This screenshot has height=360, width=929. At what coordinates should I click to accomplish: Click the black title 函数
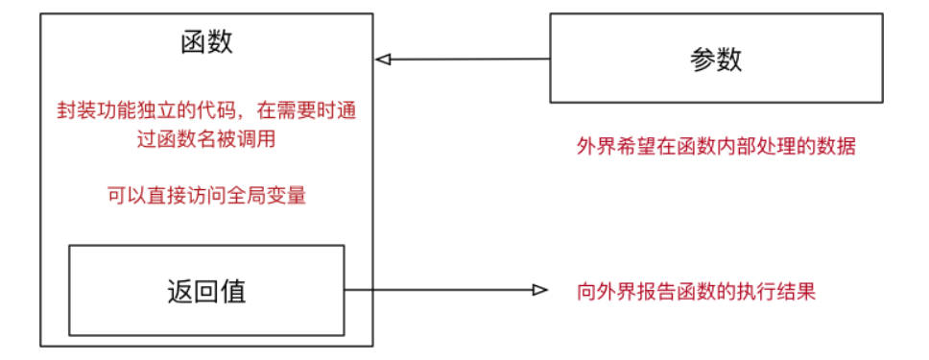[x=206, y=43]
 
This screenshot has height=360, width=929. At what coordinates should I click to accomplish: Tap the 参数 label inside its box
[x=716, y=60]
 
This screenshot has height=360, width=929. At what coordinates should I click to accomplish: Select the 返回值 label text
[x=206, y=291]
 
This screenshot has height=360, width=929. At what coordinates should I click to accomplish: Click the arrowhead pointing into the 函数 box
[x=382, y=60]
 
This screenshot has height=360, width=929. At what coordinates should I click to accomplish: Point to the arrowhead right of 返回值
[x=539, y=290]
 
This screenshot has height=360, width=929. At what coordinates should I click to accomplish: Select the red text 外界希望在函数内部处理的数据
[x=716, y=146]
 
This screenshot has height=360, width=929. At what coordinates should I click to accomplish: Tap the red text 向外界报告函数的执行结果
[x=696, y=291]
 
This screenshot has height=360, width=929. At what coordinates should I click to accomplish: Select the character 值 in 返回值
[x=233, y=291]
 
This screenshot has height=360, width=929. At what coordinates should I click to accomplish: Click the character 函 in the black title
[x=193, y=43]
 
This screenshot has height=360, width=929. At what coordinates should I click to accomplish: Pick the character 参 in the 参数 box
[x=703, y=60]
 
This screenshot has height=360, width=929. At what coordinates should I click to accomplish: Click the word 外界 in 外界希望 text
[x=593, y=146]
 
